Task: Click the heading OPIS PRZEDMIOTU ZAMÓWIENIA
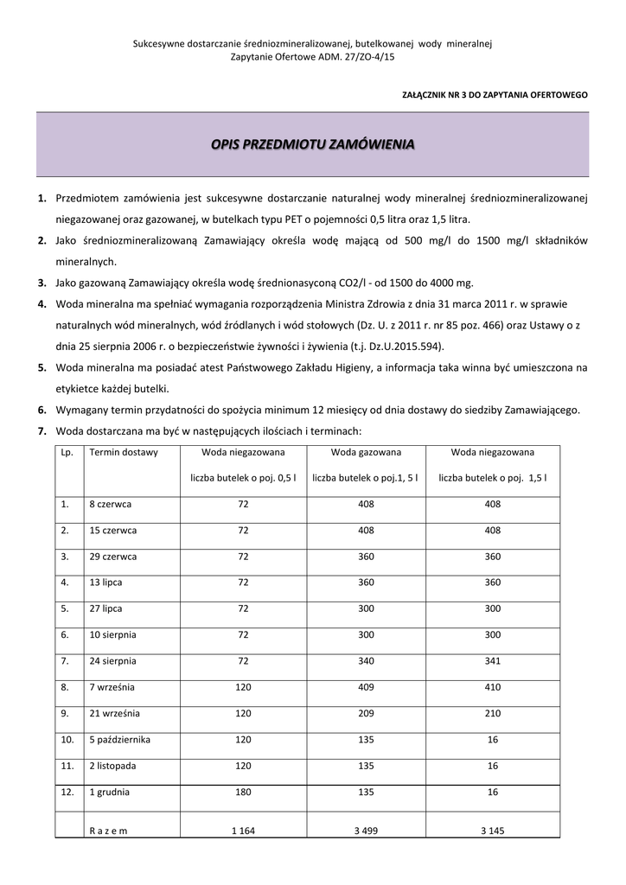tap(312, 143)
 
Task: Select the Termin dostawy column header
tap(124, 452)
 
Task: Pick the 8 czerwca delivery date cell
tap(109, 503)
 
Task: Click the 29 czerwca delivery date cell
tap(112, 557)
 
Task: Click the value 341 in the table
tap(493, 661)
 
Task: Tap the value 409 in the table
tap(366, 687)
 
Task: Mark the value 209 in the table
tap(366, 714)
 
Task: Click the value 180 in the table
tap(243, 793)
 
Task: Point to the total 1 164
tap(243, 831)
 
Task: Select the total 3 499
tap(366, 831)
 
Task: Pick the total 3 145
tap(493, 831)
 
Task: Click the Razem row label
tap(108, 831)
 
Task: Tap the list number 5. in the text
tap(42, 367)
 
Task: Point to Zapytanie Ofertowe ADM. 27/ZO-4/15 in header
tap(312, 56)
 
